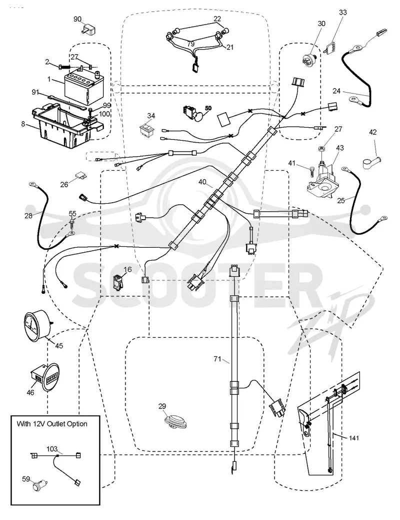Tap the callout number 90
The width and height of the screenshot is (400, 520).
pyautogui.click(x=77, y=19)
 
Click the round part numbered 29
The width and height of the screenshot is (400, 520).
pyautogui.click(x=176, y=421)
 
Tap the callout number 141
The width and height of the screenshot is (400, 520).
pyautogui.click(x=354, y=438)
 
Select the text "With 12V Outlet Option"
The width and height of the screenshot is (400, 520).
pyautogui.click(x=52, y=424)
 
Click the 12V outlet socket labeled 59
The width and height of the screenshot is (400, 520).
pyautogui.click(x=40, y=486)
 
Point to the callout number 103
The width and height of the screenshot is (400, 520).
pyautogui.click(x=52, y=449)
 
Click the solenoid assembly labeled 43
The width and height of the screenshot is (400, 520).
pyautogui.click(x=323, y=181)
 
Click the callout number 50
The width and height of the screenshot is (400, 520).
pyautogui.click(x=208, y=108)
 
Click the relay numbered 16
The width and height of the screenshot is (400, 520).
pyautogui.click(x=118, y=281)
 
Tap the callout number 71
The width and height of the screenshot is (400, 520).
pyautogui.click(x=217, y=359)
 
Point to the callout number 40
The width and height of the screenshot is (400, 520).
pyautogui.click(x=202, y=182)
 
